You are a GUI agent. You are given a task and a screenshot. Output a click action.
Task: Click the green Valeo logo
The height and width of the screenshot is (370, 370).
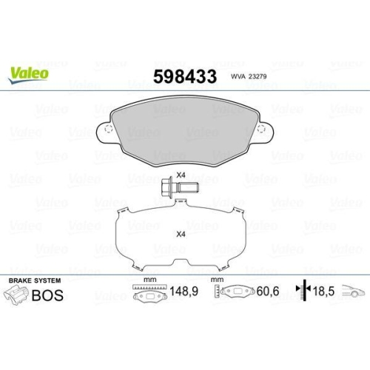28,75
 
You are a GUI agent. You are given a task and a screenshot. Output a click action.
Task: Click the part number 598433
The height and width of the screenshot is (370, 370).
185,76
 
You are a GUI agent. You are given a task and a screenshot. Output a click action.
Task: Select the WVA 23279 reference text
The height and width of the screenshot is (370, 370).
249,76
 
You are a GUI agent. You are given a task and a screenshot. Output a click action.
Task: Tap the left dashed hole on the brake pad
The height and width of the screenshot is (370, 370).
108,129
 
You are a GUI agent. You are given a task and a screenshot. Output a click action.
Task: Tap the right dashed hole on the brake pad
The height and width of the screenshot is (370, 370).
261,129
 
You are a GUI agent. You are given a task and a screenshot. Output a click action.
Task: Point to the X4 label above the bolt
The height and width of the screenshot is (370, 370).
181,175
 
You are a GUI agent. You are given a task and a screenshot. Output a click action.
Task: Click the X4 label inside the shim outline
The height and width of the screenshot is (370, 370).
181,234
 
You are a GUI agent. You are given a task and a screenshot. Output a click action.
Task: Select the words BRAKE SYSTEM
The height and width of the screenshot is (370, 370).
35,280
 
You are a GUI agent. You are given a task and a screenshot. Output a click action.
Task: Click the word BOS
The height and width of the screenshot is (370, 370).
47,295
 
